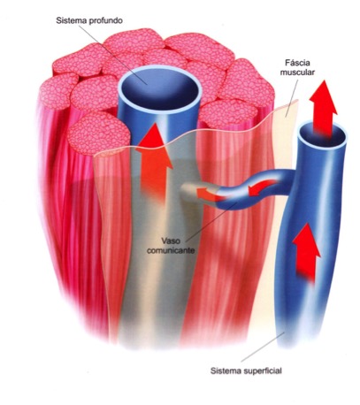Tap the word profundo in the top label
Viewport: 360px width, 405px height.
[104, 21]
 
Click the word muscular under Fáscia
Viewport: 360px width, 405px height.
[297, 73]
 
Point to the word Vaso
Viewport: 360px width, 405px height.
[171, 241]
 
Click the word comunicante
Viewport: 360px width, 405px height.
[171, 250]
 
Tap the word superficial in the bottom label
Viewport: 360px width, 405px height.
[263, 371]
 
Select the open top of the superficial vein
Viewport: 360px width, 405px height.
[322, 135]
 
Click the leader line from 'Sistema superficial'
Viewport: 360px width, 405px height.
[263, 347]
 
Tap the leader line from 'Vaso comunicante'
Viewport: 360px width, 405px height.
[211, 222]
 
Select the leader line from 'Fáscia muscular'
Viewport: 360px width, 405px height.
[292, 96]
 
